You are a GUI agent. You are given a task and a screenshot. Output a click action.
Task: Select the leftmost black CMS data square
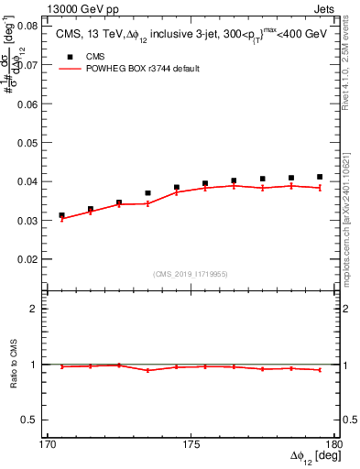[x=61, y=215]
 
